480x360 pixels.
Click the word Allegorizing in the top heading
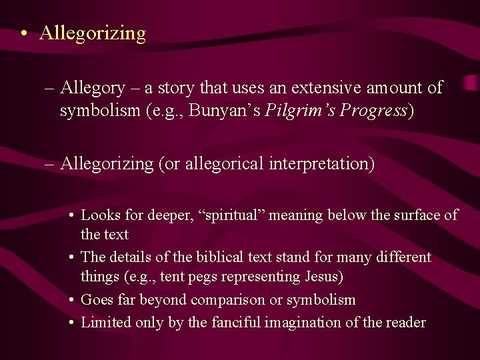click(92, 33)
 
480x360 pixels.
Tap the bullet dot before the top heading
click(23, 33)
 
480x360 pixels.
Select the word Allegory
click(92, 88)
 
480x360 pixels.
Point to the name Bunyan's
click(225, 111)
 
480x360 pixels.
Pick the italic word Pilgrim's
click(299, 111)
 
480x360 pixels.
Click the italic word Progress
click(373, 111)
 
